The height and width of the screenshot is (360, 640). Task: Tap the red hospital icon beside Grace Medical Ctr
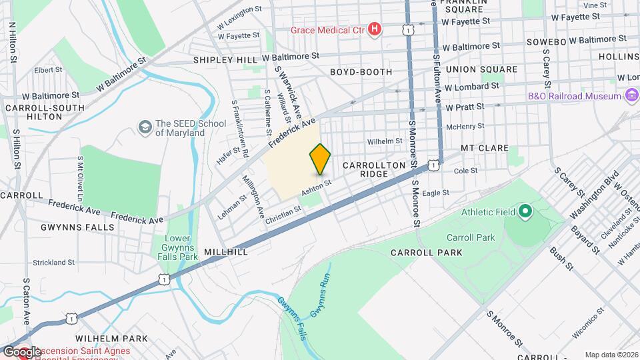click(375, 29)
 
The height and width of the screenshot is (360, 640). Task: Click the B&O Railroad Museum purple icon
click(631, 96)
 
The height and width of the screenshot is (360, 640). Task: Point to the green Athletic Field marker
click(525, 213)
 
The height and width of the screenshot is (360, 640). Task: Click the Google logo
click(21, 351)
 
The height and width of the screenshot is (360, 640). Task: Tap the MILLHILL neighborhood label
click(227, 252)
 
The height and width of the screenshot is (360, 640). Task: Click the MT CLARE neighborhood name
click(484, 148)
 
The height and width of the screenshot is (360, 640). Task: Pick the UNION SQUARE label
click(481, 69)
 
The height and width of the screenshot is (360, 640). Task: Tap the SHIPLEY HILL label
click(225, 60)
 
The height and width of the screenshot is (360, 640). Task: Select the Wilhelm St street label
click(385, 141)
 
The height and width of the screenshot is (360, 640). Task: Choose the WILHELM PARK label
click(111, 339)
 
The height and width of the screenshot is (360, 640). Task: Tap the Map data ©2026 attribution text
click(611, 355)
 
